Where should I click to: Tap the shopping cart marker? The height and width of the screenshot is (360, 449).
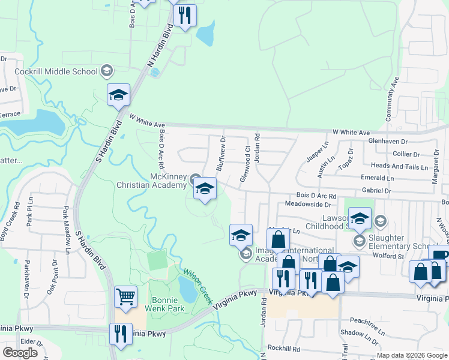click(125, 296)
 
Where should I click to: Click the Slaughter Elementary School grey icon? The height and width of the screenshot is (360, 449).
click(360, 242)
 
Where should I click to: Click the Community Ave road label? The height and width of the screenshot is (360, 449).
click(395, 98)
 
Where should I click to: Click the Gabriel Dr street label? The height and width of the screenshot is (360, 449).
click(377, 190)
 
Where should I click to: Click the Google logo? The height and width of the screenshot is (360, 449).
click(20, 353)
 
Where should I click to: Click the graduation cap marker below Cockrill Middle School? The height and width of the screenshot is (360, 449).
click(119, 95)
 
